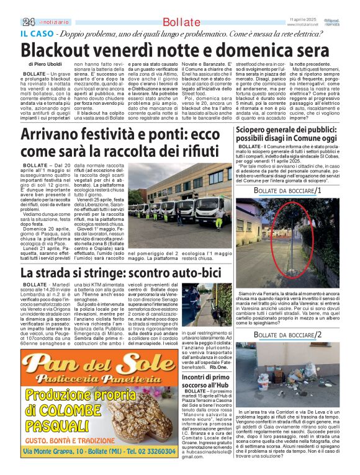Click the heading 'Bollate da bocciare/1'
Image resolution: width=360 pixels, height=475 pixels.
287,190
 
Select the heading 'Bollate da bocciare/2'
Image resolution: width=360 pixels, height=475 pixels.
287,335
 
